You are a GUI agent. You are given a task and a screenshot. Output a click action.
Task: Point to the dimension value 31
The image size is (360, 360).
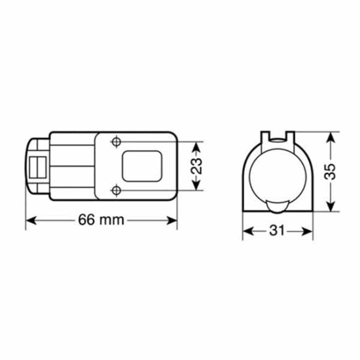[275, 231]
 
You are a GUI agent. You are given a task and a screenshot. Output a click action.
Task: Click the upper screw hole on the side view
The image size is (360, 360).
[116, 141]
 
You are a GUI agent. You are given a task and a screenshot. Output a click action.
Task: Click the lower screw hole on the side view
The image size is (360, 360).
[116, 190]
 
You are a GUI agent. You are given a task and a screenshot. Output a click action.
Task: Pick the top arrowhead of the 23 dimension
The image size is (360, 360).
[195, 144]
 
